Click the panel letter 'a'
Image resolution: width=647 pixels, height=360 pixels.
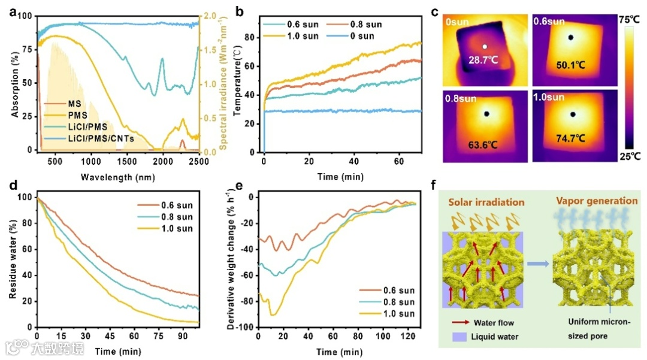pyautogui.click(x=10, y=11)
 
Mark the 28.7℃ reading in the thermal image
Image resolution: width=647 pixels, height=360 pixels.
pyautogui.click(x=484, y=61)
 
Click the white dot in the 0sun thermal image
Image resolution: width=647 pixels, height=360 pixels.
pyautogui.click(x=485, y=46)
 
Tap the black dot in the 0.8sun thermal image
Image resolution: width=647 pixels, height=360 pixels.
pyautogui.click(x=486, y=114)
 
